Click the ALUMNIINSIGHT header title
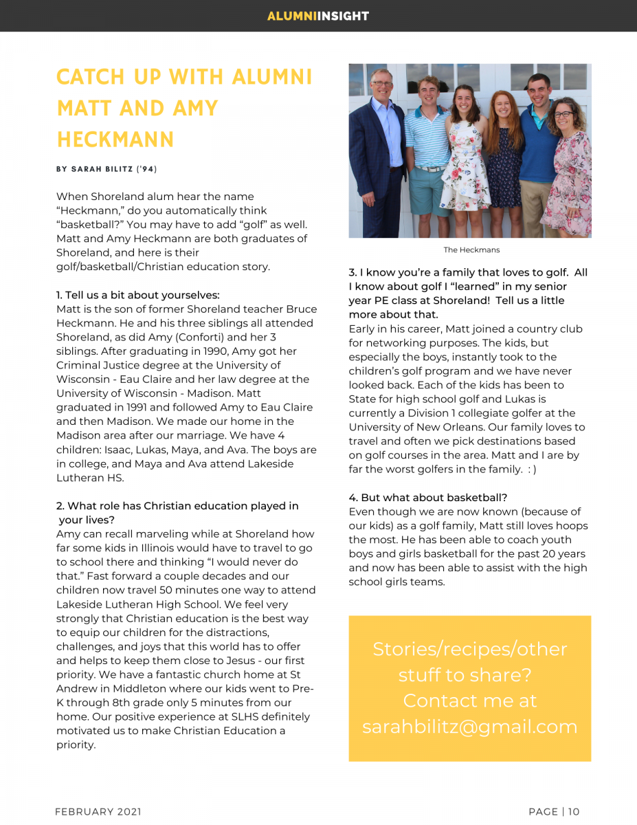pos(318,16)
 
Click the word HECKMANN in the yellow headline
pos(115,140)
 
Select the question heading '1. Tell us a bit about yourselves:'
pos(137,295)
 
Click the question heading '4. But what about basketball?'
pos(428,497)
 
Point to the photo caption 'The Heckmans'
pos(471,250)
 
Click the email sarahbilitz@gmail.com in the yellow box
pos(469,727)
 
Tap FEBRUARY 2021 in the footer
pos(98,812)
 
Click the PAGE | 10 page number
pos(554,812)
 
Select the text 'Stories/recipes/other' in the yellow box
pos(469,649)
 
